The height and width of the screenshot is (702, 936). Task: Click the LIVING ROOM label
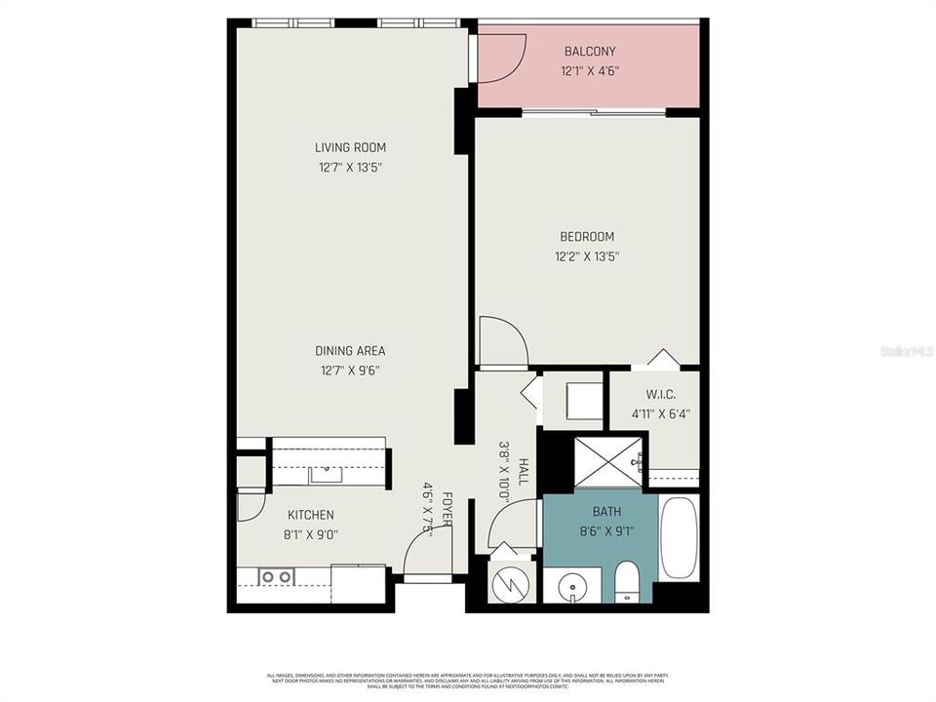click(x=350, y=148)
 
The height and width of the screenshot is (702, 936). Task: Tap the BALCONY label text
click(x=590, y=52)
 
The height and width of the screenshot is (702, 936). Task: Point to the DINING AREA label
click(x=350, y=351)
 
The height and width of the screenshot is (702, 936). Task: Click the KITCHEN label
click(x=311, y=515)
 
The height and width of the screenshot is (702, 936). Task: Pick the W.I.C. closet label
click(x=653, y=395)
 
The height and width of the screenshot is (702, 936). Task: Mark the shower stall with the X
click(x=606, y=460)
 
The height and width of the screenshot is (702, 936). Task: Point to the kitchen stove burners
click(x=277, y=577)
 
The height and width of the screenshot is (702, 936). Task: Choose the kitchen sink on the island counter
click(x=326, y=475)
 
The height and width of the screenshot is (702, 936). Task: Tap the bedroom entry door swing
click(x=502, y=342)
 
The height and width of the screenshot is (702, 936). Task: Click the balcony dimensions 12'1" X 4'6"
click(x=590, y=71)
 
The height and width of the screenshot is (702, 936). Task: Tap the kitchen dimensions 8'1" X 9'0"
click(x=311, y=534)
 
